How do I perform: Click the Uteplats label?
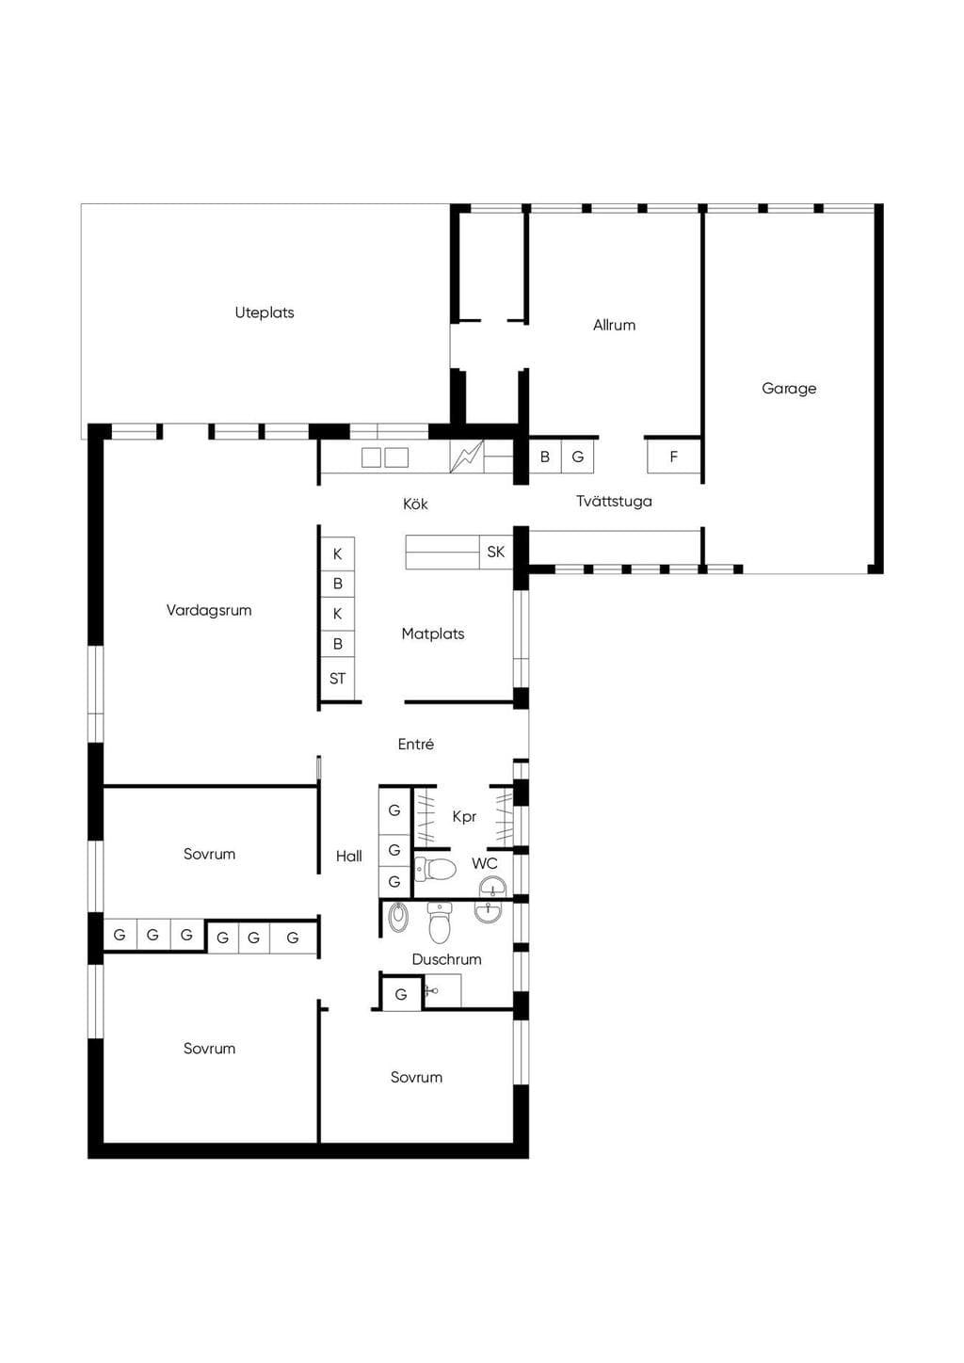(x=265, y=313)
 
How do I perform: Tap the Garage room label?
(x=789, y=388)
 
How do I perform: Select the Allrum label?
(x=614, y=325)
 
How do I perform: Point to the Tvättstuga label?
(x=614, y=501)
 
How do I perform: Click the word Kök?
(x=415, y=504)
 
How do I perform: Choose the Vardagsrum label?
(x=209, y=610)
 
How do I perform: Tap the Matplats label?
(x=433, y=634)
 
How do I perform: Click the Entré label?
(x=416, y=744)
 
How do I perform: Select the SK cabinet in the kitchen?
(x=496, y=552)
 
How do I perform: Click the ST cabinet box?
(x=337, y=679)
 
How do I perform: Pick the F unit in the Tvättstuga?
(x=674, y=457)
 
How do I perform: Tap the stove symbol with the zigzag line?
(x=467, y=457)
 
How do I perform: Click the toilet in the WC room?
(x=435, y=869)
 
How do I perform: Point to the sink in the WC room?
(x=491, y=887)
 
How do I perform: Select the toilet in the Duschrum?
(x=440, y=922)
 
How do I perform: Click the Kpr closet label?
(x=464, y=817)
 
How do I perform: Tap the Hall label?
(x=348, y=857)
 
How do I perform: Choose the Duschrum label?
(x=447, y=959)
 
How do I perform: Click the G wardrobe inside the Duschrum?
(x=401, y=994)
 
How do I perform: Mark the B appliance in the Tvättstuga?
(x=545, y=457)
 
